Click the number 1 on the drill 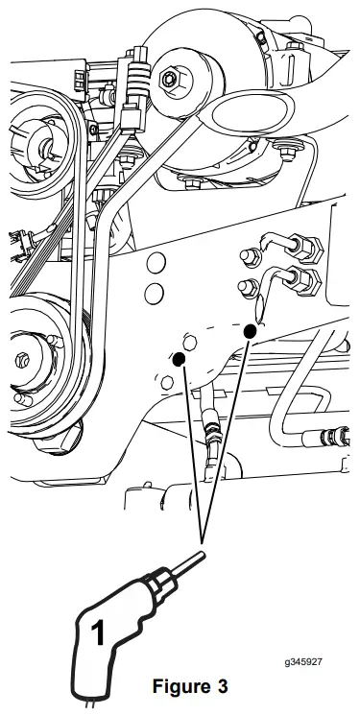[97, 633]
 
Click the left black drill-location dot [179, 360]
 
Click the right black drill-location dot [250, 331]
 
